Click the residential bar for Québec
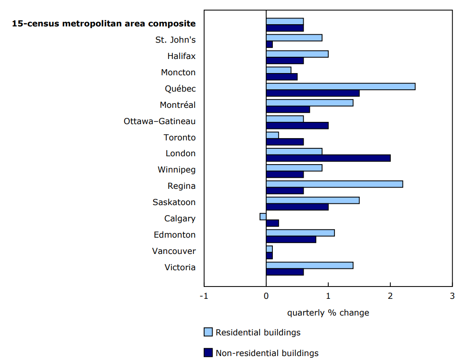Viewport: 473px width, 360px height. point(341,86)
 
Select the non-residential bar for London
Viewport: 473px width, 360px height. point(328,158)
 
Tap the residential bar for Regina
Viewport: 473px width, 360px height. point(334,184)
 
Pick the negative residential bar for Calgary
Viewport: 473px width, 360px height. point(263,217)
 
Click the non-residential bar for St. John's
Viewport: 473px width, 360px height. point(269,44)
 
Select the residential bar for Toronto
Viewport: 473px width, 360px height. point(272,135)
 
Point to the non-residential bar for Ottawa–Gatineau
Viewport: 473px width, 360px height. point(297,125)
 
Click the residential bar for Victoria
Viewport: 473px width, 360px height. point(309,265)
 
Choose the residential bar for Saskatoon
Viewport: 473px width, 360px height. point(312,200)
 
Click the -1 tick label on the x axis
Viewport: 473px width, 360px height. point(204,296)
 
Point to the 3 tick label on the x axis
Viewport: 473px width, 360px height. point(452,296)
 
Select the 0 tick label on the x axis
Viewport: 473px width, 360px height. point(266,296)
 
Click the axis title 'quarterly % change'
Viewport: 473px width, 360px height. point(328,313)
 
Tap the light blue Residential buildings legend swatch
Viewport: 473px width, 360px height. point(208,332)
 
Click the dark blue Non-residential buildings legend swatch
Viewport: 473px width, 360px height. point(208,353)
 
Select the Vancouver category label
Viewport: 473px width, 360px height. point(174,251)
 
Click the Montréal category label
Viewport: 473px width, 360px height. point(178,105)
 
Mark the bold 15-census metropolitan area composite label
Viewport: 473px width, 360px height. point(104,23)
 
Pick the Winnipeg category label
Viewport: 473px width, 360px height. point(176,169)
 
